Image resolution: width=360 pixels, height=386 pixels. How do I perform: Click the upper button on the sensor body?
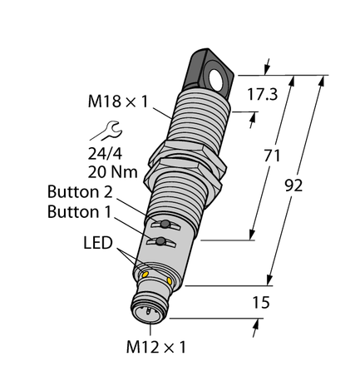coord(165,225)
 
